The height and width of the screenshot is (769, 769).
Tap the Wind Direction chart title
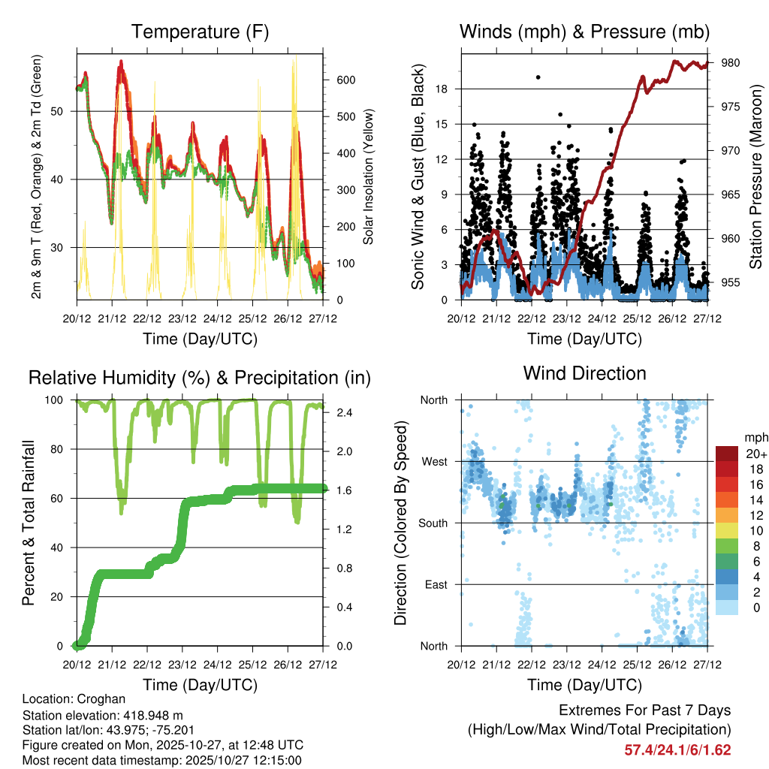coord(584,373)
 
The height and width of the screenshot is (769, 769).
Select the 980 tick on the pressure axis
coord(731,63)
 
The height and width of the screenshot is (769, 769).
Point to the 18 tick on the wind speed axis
coord(442,89)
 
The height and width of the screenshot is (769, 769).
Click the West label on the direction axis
coord(434,461)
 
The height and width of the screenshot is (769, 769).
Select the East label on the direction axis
coord(436,584)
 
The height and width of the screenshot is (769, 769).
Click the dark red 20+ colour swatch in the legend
coord(727,454)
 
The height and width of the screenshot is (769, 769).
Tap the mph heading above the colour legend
coord(755,437)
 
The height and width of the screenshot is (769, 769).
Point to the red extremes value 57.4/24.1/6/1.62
coord(677,749)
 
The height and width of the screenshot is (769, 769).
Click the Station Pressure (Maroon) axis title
coord(755,176)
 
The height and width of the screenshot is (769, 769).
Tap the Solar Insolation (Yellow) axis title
coord(368,176)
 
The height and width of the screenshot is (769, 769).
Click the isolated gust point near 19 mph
coord(538,77)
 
